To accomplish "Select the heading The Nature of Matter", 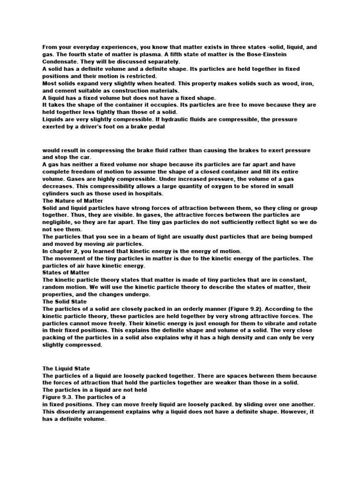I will click(73, 201).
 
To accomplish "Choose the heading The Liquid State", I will click(66, 368).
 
